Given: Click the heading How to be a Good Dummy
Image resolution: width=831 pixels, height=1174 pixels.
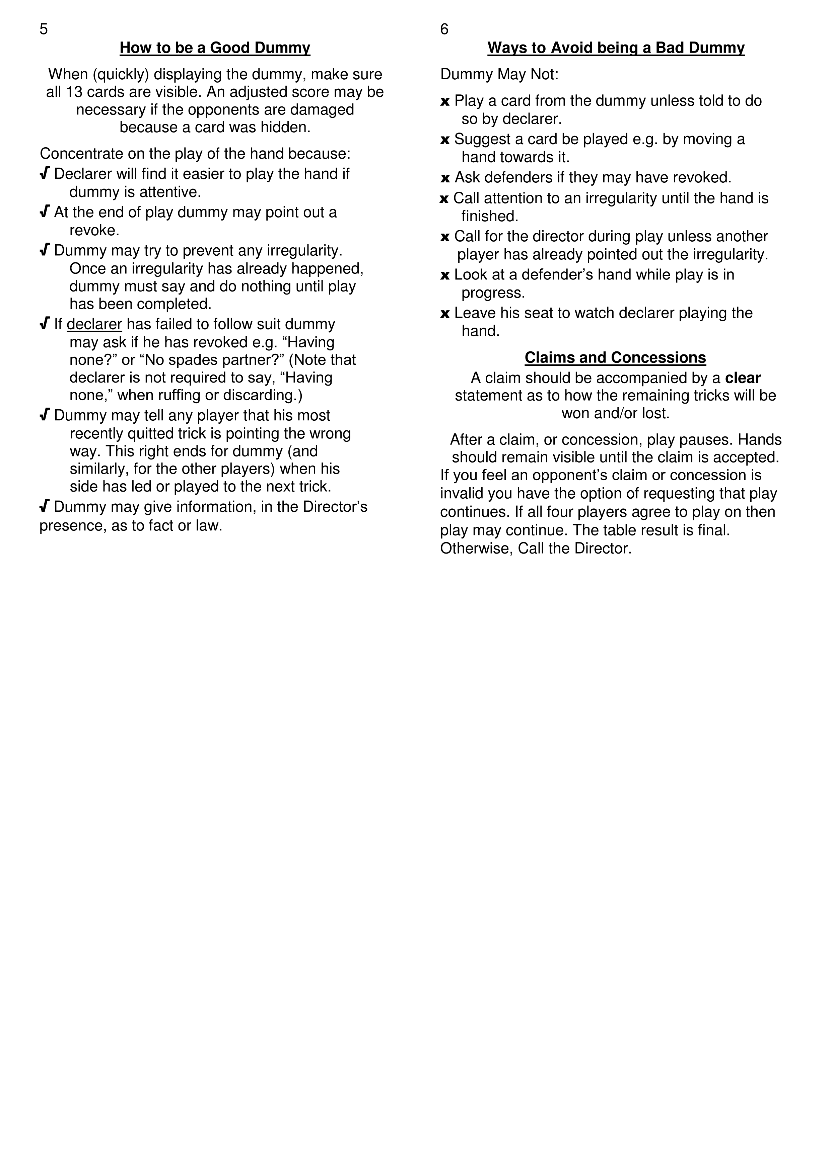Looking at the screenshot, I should (x=215, y=48).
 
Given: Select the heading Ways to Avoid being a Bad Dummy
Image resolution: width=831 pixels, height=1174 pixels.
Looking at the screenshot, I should (x=616, y=48).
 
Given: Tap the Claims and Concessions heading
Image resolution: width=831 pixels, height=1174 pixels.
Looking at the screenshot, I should (x=615, y=357).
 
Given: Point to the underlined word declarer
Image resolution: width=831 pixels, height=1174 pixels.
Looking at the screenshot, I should (x=94, y=324).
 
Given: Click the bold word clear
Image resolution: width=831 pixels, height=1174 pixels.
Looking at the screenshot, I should (x=743, y=378).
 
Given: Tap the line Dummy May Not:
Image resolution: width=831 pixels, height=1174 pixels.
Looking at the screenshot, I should (x=499, y=75).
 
